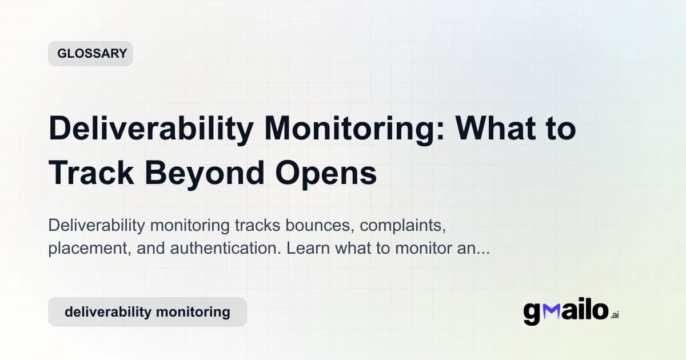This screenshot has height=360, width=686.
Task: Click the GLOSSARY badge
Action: pos(90,54)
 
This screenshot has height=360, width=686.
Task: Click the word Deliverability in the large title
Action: pos(150,130)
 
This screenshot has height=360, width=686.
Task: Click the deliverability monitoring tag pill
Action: pos(147,312)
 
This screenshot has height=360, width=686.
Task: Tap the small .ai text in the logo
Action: pos(615,315)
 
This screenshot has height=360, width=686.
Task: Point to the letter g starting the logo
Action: pos(532,314)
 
